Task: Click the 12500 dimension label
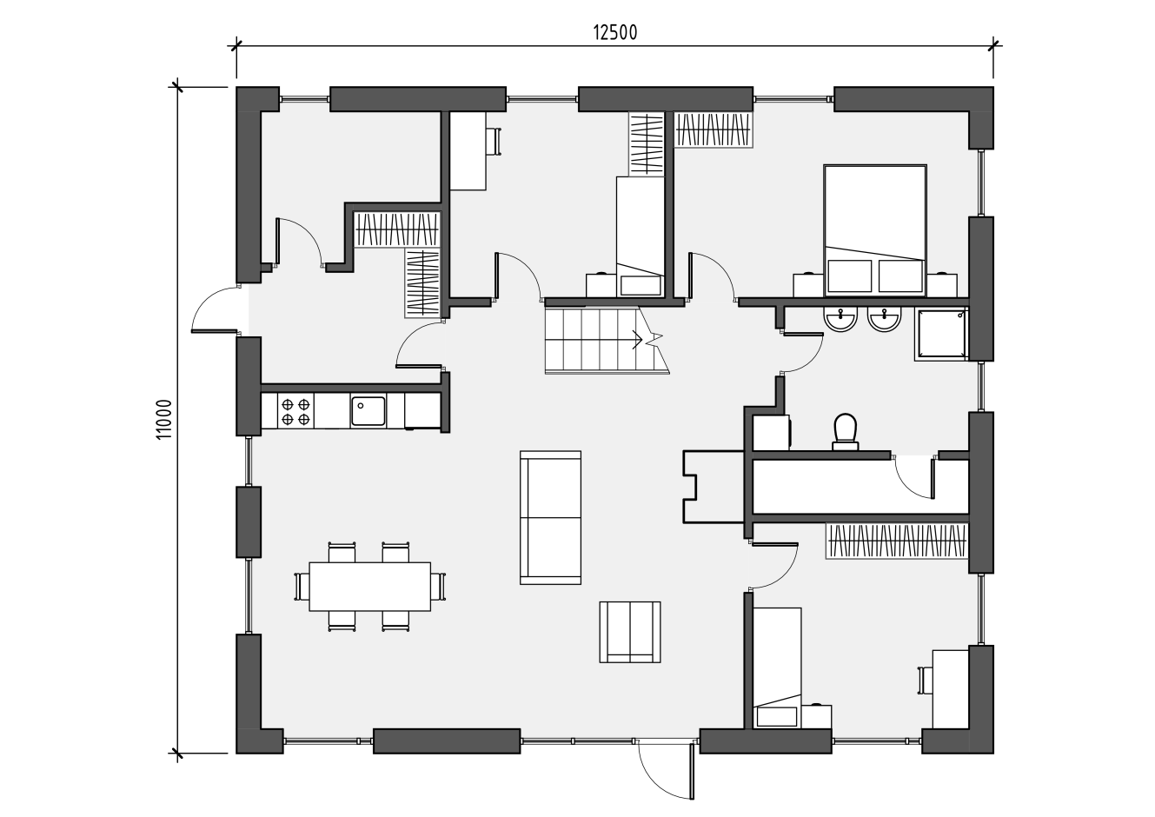(x=615, y=33)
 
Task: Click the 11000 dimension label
(x=163, y=419)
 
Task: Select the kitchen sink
(x=368, y=411)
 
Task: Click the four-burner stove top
(x=296, y=411)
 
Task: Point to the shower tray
(x=941, y=334)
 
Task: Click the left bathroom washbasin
(x=840, y=319)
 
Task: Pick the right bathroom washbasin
(x=885, y=319)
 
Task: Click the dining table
(x=369, y=587)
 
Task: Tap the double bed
(x=875, y=230)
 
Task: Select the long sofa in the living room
(x=551, y=517)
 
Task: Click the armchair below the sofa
(x=630, y=632)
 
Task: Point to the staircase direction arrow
(x=637, y=340)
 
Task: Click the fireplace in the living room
(x=714, y=488)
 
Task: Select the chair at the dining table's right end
(x=438, y=587)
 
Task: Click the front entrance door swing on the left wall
(x=215, y=309)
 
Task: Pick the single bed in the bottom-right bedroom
(x=777, y=668)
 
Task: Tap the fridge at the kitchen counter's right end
(x=422, y=411)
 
